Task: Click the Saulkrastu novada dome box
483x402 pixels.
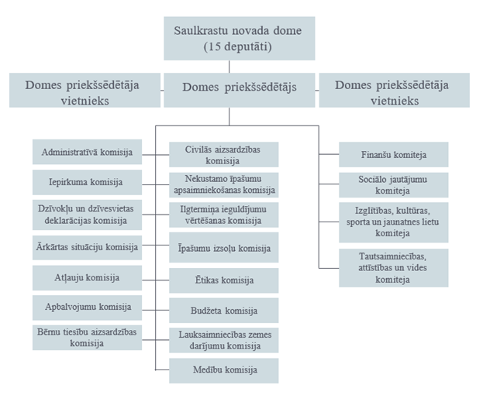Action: (240, 39)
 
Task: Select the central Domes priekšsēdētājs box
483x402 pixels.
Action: (240, 90)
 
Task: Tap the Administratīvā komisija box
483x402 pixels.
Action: (87, 152)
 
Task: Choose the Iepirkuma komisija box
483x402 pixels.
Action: (87, 182)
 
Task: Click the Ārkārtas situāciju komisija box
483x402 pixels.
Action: (87, 248)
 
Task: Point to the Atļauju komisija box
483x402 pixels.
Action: (87, 278)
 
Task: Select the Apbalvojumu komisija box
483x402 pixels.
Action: (87, 308)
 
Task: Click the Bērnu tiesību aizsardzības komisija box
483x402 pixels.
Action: (87, 338)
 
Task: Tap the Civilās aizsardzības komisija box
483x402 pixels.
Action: (223, 154)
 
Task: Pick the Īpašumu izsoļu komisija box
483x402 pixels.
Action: (223, 248)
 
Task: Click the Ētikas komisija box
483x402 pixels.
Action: (223, 280)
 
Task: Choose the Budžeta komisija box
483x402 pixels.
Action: (223, 311)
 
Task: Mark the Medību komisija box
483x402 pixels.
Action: (223, 370)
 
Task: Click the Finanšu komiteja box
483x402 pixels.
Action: (394, 154)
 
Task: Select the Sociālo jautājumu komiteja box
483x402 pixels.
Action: (394, 185)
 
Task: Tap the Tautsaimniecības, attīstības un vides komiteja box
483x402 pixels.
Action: (394, 268)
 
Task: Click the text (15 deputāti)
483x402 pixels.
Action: (237, 46)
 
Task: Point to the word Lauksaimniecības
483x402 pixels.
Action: (212, 335)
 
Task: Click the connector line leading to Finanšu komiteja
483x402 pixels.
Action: (329, 154)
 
